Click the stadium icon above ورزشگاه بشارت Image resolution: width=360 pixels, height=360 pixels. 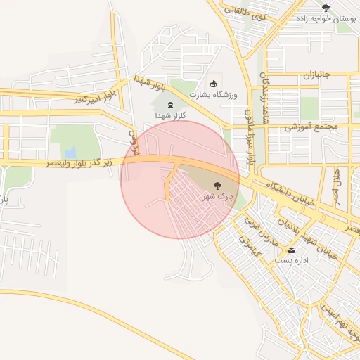pyautogui.click(x=214, y=84)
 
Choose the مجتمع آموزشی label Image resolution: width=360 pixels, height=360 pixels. pyautogui.click(x=311, y=127)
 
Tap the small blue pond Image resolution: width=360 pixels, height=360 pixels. pyautogui.click(x=70, y=153)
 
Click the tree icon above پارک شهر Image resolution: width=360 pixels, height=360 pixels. pyautogui.click(x=217, y=186)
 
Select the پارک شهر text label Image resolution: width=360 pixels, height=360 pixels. pyautogui.click(x=218, y=196)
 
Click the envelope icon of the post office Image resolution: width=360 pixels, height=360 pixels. pyautogui.click(x=290, y=250)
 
